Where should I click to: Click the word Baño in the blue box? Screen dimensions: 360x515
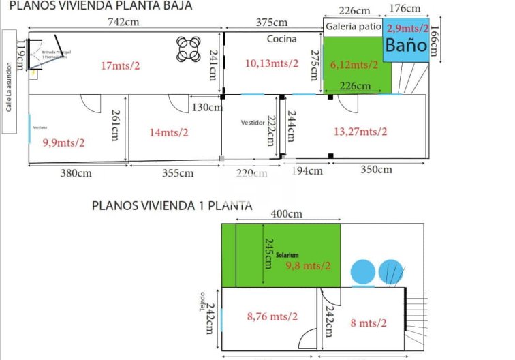406,46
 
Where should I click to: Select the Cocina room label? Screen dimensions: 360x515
281,39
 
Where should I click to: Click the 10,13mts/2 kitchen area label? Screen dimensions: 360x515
271,63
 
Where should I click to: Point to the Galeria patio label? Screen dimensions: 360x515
353,27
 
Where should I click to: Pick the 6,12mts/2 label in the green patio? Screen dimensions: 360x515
354,65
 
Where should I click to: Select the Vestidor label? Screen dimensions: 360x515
252,123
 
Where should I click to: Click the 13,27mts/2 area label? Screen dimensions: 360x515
360,132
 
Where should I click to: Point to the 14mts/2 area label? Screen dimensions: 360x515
169,132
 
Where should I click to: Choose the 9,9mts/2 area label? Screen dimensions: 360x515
64,142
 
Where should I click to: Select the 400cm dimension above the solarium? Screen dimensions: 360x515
286,214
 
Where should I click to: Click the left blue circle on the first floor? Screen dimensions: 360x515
362,271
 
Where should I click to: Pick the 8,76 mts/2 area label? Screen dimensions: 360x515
272,316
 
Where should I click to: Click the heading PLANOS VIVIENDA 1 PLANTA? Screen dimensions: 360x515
172,205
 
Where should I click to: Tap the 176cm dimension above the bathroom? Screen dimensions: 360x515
407,9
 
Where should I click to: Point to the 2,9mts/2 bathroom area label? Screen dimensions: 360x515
407,28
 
